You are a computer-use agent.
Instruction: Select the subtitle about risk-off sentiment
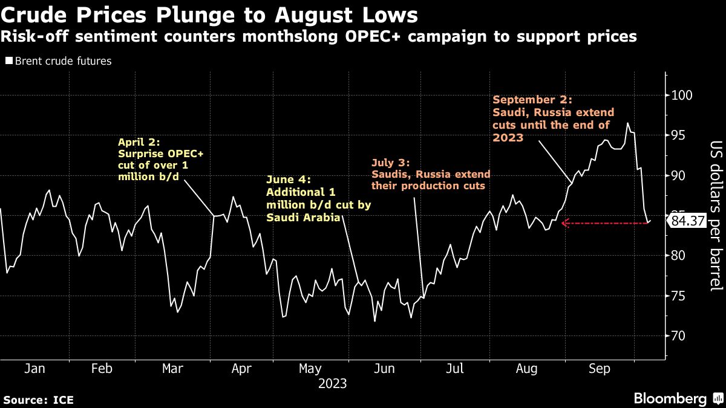pos(319,37)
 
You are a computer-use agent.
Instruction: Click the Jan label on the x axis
pos(34,369)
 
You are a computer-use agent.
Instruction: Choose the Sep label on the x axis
pos(599,369)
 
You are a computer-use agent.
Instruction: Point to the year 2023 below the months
pos(332,383)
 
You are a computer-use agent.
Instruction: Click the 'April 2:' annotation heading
pos(137,143)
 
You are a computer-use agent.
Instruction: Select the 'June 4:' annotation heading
pos(288,180)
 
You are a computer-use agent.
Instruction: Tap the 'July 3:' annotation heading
pos(391,163)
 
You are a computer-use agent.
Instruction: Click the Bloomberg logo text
pos(669,398)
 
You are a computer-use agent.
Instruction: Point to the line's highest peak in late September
pos(628,123)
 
